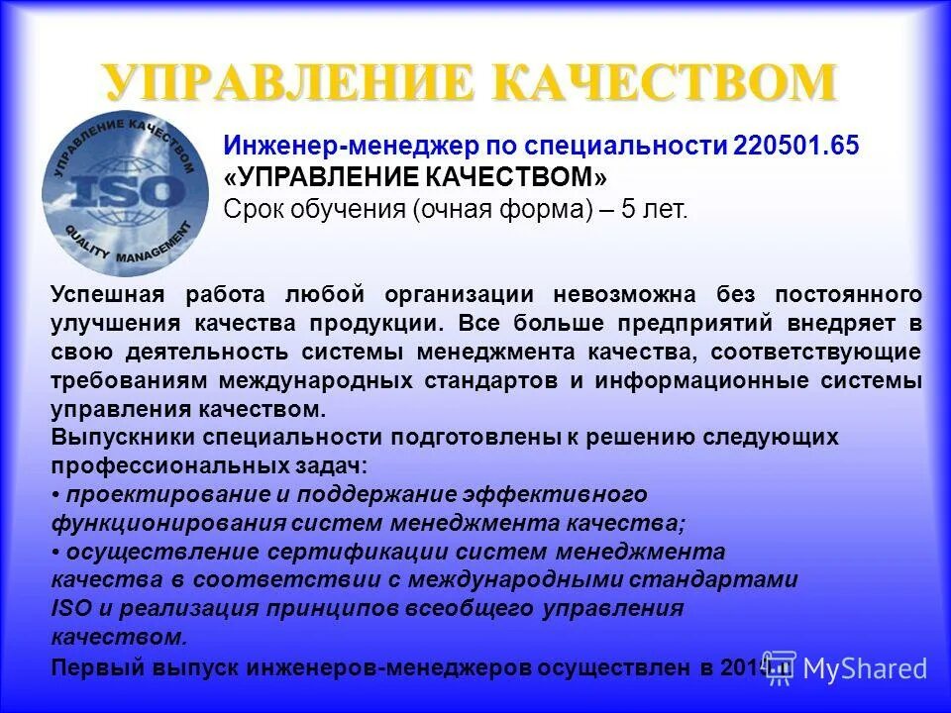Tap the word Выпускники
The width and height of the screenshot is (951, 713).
(123, 437)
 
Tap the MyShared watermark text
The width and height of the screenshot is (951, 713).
(864, 668)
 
